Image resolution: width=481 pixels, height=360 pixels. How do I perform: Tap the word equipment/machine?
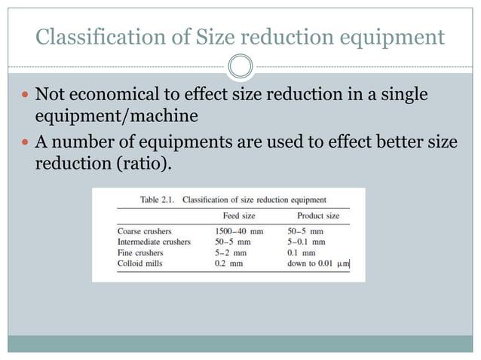116,117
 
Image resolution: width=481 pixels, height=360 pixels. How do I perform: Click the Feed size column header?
234,216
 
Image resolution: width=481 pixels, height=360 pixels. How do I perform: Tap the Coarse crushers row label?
145,231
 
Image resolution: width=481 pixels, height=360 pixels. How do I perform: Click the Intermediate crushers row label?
155,242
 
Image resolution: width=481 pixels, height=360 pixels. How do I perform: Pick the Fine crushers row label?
139,253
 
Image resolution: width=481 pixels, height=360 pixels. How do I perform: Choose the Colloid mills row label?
140,264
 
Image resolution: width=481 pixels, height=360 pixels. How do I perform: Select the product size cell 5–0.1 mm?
306,242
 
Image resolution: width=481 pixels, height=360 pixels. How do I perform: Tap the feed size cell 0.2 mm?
228,264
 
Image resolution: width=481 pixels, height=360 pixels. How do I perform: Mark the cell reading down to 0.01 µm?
319,264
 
